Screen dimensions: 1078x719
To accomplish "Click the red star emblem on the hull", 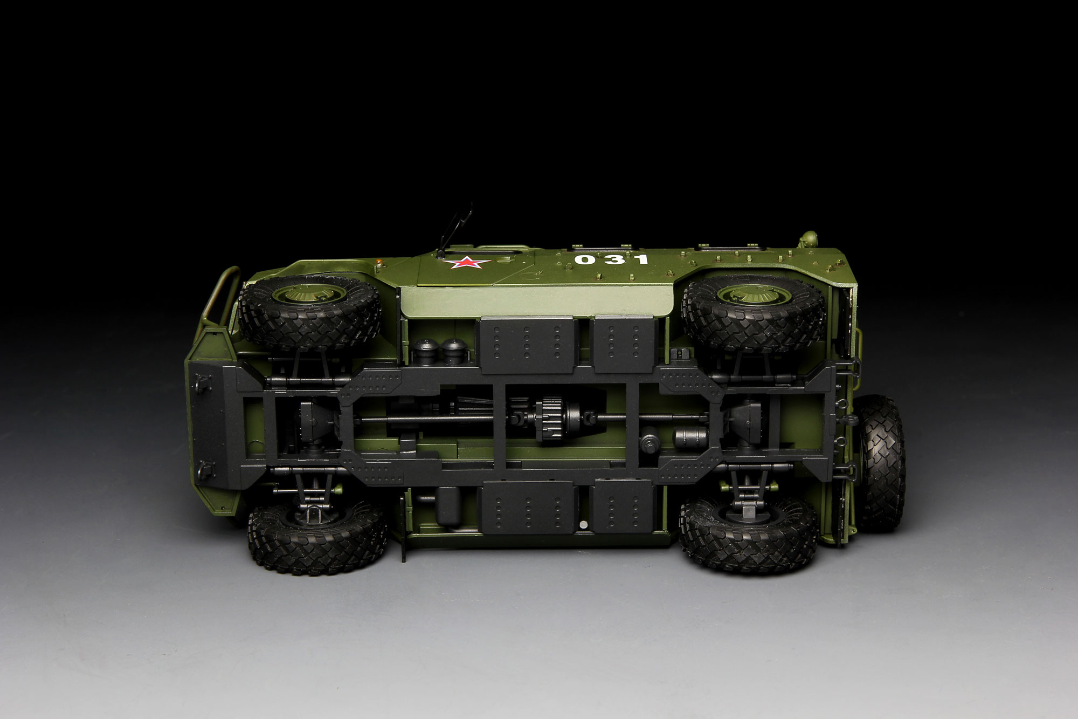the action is (461, 263).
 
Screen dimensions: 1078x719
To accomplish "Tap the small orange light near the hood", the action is (382, 262).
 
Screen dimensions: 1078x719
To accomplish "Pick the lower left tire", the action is (317, 531).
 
